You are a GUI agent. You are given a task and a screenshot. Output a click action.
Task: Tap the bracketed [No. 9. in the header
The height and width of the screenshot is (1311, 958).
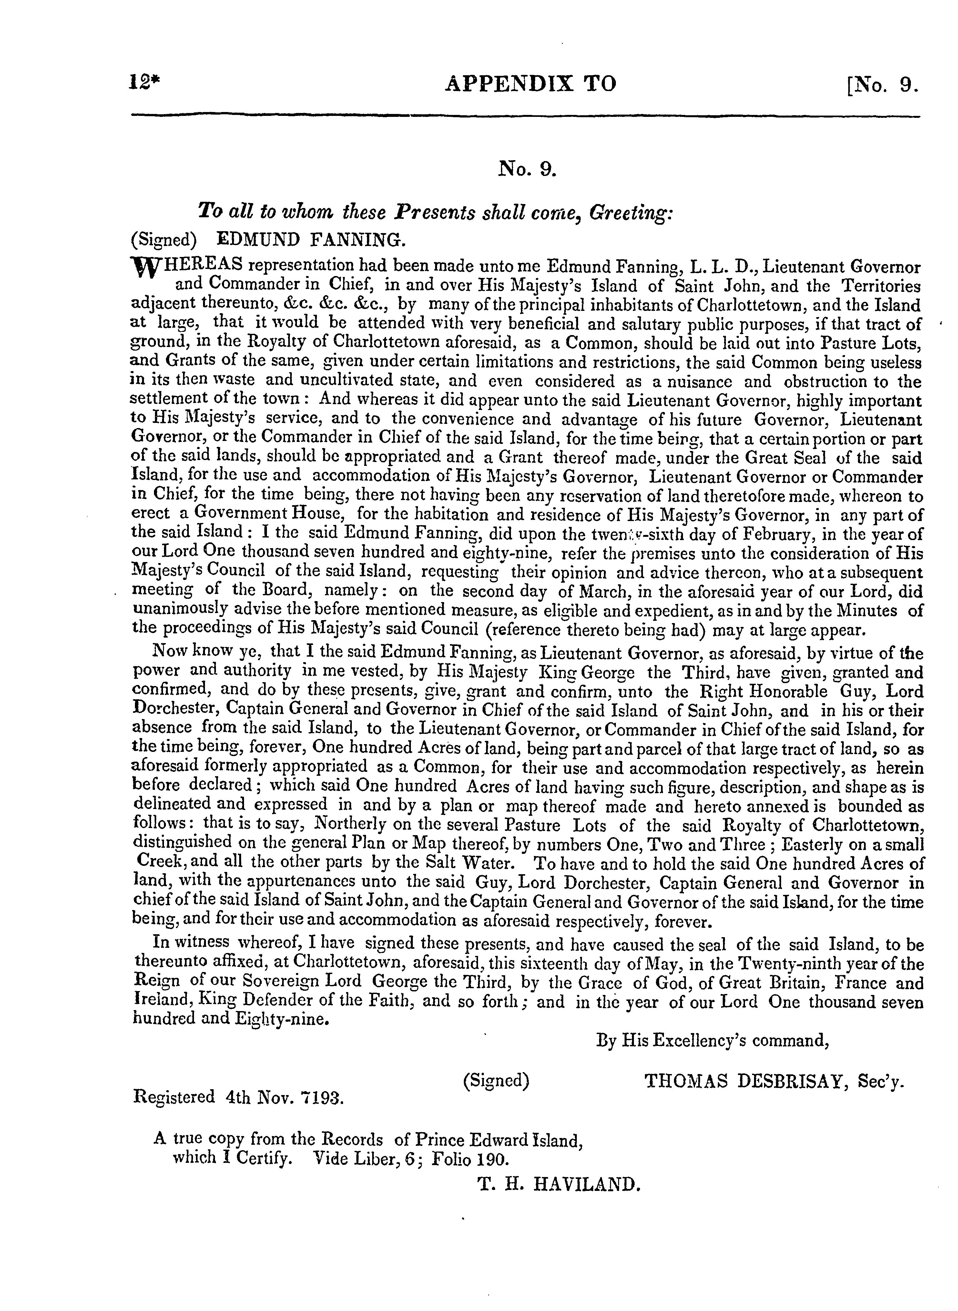[882, 86]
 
